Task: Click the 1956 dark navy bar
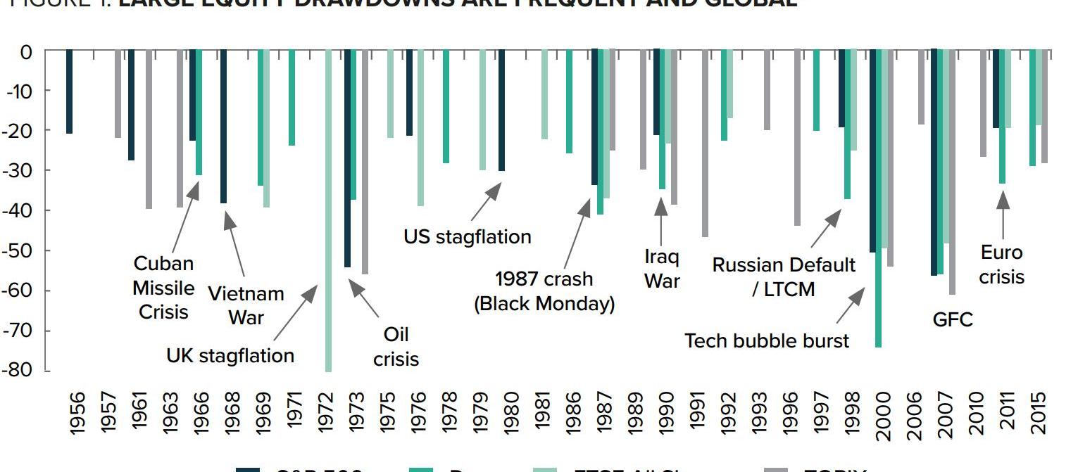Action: (x=69, y=91)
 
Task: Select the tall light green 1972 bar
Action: (x=328, y=211)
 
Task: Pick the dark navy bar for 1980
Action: (x=501, y=110)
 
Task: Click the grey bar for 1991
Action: (x=705, y=143)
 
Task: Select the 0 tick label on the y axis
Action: (x=26, y=51)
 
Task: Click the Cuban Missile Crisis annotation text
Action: (x=163, y=287)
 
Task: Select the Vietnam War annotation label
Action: (x=246, y=305)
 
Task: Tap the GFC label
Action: (x=952, y=320)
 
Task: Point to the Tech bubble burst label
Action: (x=766, y=340)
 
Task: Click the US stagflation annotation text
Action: (x=467, y=236)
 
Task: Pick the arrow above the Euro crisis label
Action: (x=1003, y=215)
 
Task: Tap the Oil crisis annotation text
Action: (x=396, y=346)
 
